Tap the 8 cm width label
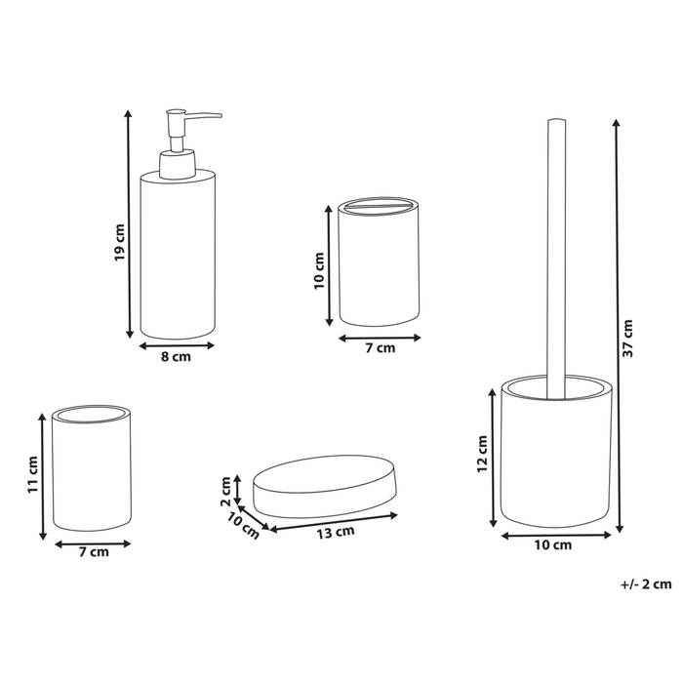click(x=176, y=357)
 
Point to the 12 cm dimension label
click(x=480, y=453)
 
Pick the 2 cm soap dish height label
click(x=225, y=485)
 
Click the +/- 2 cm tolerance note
click(x=646, y=584)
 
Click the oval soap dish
click(x=326, y=485)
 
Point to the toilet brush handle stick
click(x=557, y=254)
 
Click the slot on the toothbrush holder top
click(x=381, y=207)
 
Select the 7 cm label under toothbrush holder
click(x=381, y=348)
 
